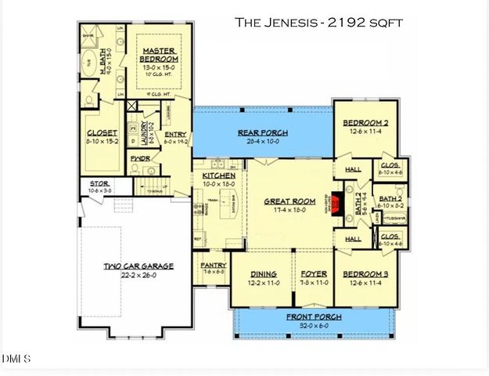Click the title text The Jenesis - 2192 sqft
pyautogui.click(x=318, y=23)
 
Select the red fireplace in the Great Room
pyautogui.click(x=335, y=204)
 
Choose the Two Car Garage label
pyautogui.click(x=138, y=266)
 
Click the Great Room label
pyautogui.click(x=289, y=201)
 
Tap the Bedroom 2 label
pyautogui.click(x=365, y=123)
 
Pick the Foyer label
pyautogui.click(x=313, y=274)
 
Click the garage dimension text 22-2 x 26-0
pyautogui.click(x=138, y=276)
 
